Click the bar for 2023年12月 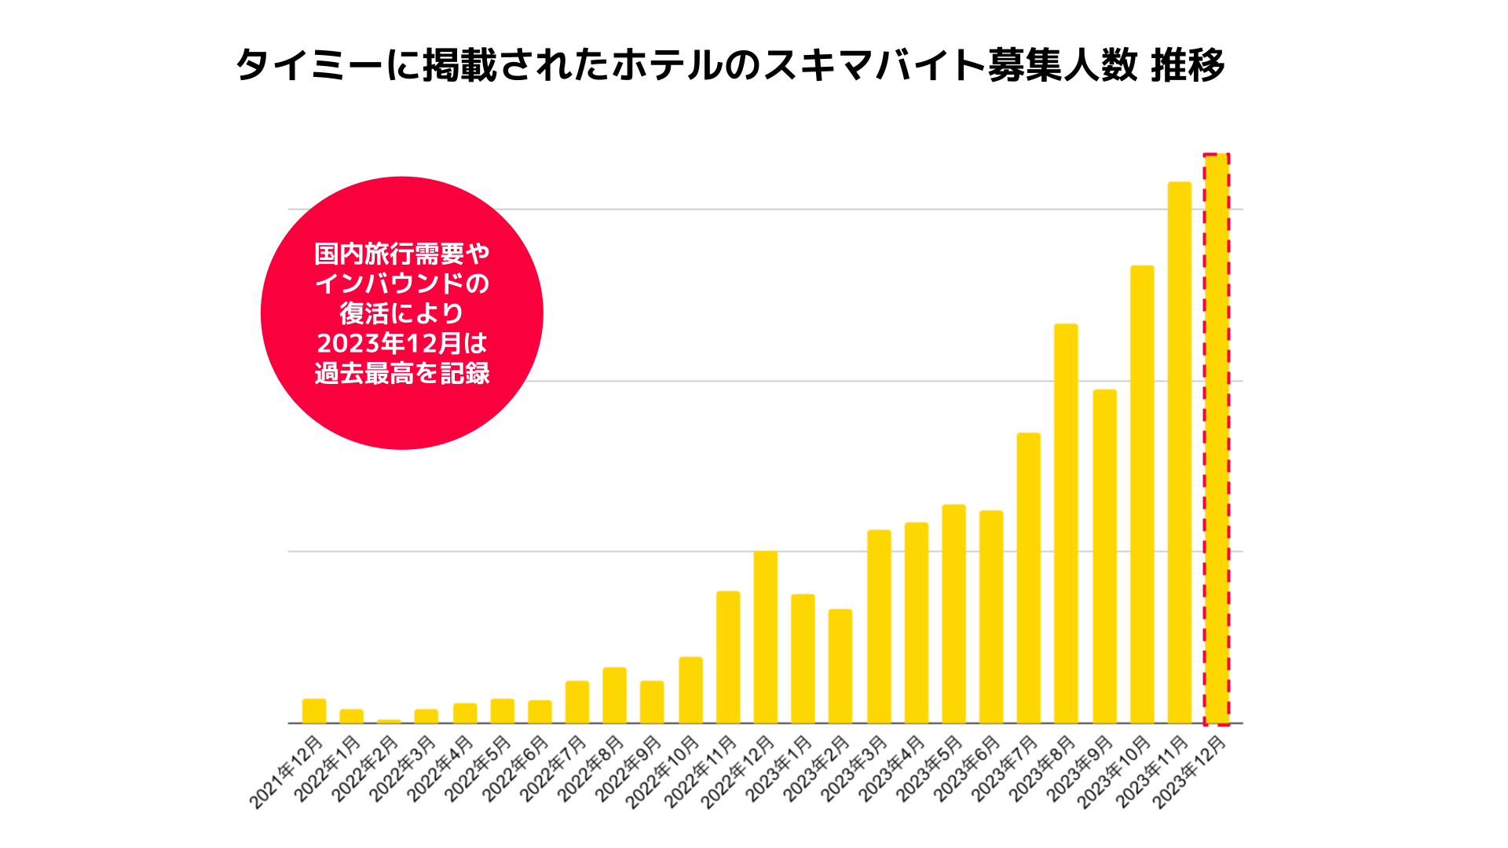click(x=1217, y=440)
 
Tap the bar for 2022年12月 click(x=765, y=637)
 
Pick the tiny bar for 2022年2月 click(x=389, y=721)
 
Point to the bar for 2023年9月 click(x=1104, y=556)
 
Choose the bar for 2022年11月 click(x=728, y=657)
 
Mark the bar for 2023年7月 click(x=1028, y=578)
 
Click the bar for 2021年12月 click(x=314, y=711)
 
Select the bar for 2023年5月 click(x=953, y=614)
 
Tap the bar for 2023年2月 click(x=840, y=666)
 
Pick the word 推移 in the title click(x=1187, y=65)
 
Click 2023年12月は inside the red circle click(x=402, y=343)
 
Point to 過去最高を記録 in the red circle click(x=402, y=373)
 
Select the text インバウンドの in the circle click(x=402, y=283)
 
